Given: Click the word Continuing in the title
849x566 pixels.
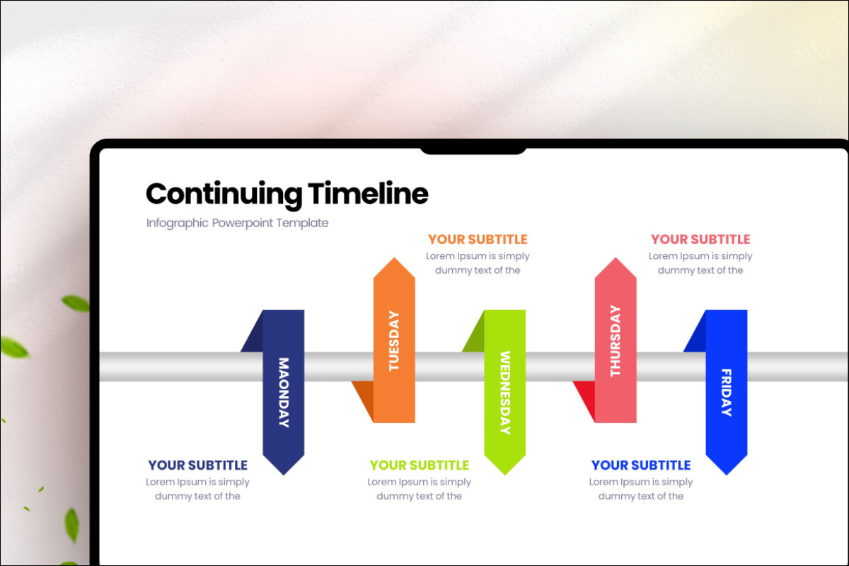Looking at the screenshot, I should pos(224,194).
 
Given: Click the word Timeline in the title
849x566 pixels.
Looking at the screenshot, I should pos(368,193).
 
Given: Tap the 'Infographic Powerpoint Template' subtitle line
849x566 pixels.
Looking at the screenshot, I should pos(237,223).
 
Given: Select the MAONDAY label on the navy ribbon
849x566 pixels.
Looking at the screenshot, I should pos(284,393).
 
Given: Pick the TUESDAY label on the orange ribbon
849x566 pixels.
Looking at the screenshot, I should pos(394,341).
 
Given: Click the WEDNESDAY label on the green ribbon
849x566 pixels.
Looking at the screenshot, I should pos(505,393).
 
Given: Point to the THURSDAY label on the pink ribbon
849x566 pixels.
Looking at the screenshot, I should pos(615,341).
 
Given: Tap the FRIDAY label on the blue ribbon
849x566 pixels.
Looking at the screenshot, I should pos(727,393).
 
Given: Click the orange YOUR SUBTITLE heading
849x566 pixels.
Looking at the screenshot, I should pos(478,239).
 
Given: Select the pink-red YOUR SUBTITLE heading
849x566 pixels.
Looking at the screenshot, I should pos(700,239).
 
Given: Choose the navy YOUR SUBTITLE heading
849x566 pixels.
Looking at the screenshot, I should pos(197,465).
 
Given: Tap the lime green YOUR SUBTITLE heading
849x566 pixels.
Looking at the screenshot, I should pos(419,465).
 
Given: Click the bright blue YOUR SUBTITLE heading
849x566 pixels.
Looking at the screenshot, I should pos(641,465).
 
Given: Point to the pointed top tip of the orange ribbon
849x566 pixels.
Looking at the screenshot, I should pos(394,260).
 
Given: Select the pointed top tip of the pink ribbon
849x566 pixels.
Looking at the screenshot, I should pos(616,260).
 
